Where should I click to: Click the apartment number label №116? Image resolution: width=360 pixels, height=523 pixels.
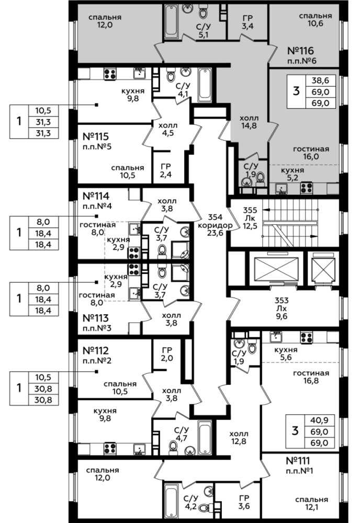click(x=300, y=51)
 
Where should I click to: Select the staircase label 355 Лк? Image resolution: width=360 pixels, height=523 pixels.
click(x=250, y=214)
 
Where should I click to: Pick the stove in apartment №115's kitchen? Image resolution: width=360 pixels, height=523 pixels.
click(x=110, y=73)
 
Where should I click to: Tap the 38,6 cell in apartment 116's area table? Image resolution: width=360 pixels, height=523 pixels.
click(x=320, y=81)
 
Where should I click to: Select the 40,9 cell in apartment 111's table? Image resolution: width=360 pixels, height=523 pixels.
click(x=320, y=420)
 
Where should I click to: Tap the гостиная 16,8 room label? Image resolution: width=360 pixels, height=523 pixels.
click(x=311, y=377)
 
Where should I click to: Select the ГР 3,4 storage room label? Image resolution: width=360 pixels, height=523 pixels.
click(x=248, y=21)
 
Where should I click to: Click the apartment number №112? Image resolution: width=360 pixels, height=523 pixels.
click(x=96, y=350)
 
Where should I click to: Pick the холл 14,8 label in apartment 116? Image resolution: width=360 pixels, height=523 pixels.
click(x=249, y=122)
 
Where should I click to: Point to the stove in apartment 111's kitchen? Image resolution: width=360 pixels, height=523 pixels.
click(x=306, y=337)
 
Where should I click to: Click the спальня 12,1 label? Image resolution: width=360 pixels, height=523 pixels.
click(x=312, y=503)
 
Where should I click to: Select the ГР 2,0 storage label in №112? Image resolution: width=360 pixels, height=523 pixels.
click(x=167, y=354)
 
